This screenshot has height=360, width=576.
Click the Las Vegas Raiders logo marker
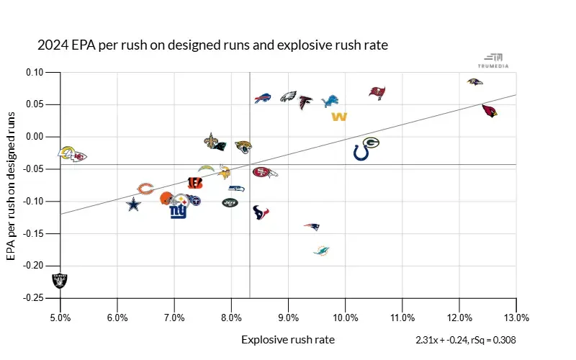60,280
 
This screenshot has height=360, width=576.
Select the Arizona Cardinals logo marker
490,111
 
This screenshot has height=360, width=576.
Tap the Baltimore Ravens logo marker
474,82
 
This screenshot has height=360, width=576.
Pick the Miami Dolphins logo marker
321,250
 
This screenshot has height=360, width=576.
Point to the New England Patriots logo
311,227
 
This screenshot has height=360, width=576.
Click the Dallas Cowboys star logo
133,204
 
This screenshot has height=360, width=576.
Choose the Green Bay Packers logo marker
371,143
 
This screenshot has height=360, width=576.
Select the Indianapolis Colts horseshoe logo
361,153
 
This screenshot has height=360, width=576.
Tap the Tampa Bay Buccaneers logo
377,92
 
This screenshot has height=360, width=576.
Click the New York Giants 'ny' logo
178,212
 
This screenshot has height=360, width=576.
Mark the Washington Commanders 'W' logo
339,117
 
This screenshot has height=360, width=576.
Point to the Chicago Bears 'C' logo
145,189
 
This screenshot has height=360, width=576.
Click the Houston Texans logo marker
261,212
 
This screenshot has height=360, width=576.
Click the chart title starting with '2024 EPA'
212,45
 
